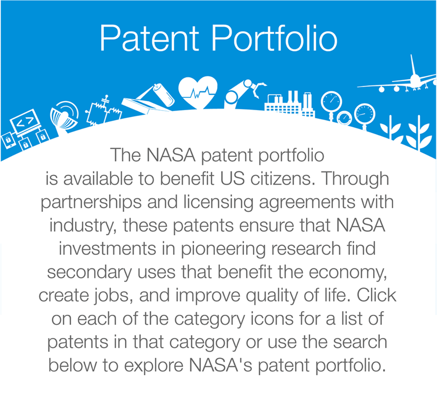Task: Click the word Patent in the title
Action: coord(149,38)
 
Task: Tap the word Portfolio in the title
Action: coord(274,38)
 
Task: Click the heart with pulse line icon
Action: coord(198,92)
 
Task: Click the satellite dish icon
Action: coord(64,116)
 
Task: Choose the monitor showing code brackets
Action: coord(25,122)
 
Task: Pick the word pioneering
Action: coord(223,249)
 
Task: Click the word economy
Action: coord(348,273)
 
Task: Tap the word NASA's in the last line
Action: coord(220,365)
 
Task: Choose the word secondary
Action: coord(89,273)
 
